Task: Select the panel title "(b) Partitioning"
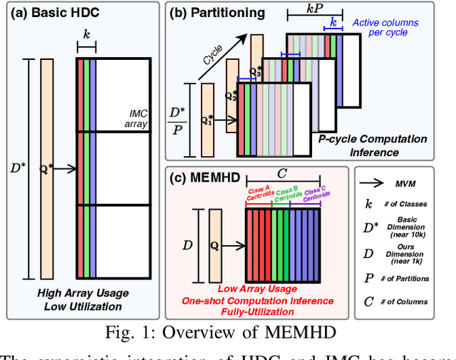coord(216,12)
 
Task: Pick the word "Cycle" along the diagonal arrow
coord(212,55)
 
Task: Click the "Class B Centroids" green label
coord(286,193)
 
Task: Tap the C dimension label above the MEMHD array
coord(283,173)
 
